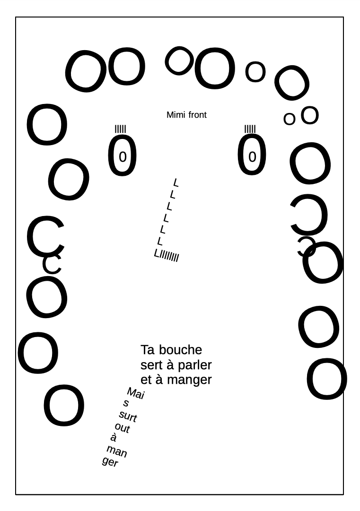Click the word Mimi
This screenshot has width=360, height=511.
(x=176, y=115)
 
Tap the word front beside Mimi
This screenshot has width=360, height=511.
(x=197, y=115)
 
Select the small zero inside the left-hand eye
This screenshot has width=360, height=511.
(x=123, y=156)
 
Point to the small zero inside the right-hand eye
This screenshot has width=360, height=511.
(x=252, y=156)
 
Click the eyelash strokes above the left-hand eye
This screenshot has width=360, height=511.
(x=121, y=129)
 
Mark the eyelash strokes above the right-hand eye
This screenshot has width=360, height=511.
(x=250, y=129)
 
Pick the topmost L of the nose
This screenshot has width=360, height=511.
(x=176, y=182)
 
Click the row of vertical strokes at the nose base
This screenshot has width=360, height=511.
(x=169, y=257)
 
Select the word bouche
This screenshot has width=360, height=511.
(x=180, y=350)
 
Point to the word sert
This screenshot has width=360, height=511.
(x=151, y=365)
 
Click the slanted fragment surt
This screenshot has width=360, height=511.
(x=128, y=416)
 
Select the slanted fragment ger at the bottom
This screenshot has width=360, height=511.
(x=110, y=462)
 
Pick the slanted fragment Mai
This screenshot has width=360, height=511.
(x=135, y=393)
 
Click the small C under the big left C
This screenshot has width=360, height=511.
(x=52, y=264)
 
